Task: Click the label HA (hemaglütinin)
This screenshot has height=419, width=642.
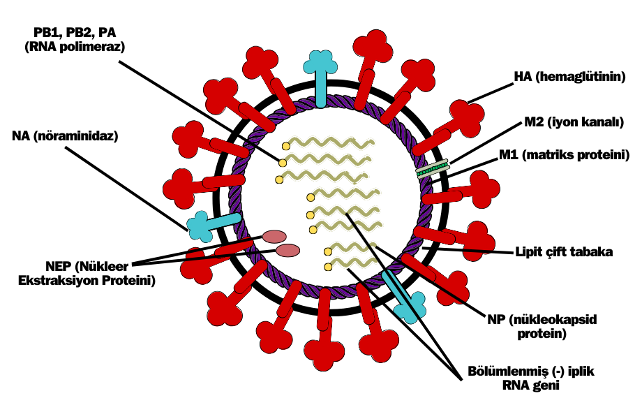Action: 569,77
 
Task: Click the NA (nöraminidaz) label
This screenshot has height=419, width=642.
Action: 66,136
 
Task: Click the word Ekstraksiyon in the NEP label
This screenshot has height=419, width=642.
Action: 66,280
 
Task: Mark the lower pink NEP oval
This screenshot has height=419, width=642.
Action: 288,250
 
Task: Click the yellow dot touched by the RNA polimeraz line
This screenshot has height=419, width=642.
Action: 283,163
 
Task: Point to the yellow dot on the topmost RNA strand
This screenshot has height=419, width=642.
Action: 285,146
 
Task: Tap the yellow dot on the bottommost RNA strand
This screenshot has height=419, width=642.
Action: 328,267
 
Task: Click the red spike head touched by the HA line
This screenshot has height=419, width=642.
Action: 465,112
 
